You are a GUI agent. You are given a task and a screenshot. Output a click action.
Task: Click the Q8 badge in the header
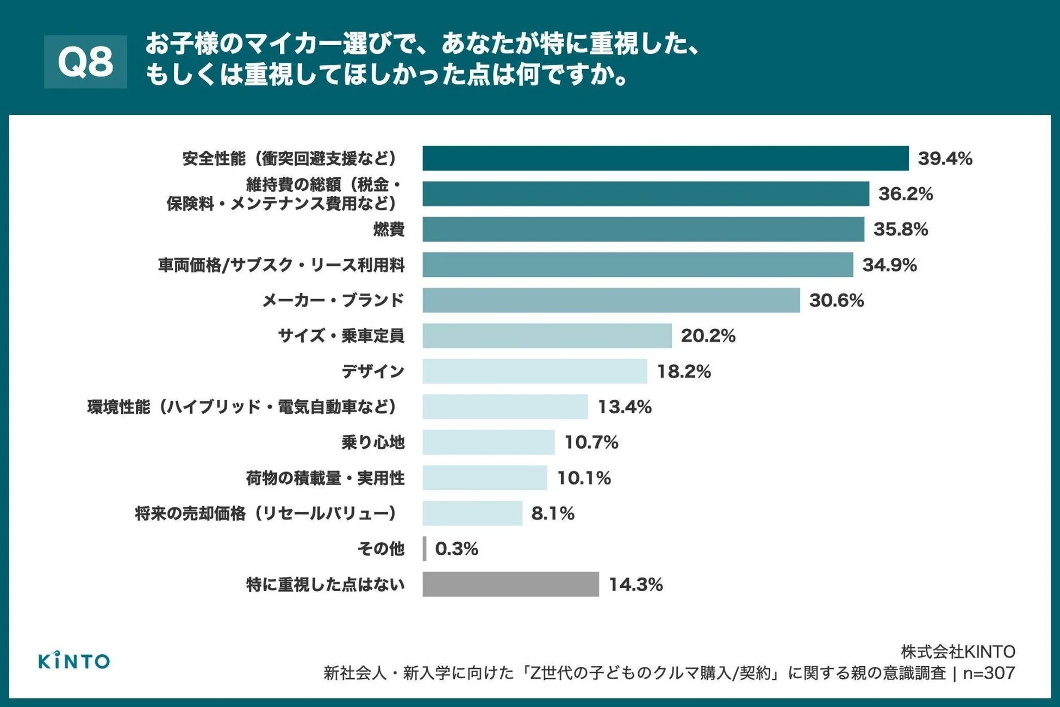click(85, 61)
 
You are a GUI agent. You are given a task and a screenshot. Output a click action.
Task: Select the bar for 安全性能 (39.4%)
click(665, 158)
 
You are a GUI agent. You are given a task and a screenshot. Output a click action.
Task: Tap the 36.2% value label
click(906, 194)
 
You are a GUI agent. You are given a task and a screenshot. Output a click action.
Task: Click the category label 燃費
click(389, 230)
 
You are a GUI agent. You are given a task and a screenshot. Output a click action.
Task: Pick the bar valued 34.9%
click(638, 265)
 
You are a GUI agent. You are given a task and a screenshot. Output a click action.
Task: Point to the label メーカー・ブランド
click(333, 300)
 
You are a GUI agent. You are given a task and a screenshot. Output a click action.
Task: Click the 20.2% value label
click(708, 336)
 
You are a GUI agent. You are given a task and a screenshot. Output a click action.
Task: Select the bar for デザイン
click(535, 371)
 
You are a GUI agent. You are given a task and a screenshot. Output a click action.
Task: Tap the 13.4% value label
click(625, 407)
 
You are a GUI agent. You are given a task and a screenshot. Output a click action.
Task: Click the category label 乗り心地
click(373, 442)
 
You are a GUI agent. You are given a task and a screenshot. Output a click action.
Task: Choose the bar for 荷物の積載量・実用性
click(485, 477)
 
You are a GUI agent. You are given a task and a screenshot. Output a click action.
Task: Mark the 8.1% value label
click(552, 513)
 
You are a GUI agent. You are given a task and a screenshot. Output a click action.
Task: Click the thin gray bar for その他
click(425, 549)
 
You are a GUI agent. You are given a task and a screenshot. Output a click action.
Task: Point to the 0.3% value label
click(457, 549)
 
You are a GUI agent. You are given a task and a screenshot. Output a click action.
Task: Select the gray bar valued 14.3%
click(510, 584)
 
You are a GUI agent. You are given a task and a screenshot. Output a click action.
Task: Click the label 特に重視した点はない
click(325, 585)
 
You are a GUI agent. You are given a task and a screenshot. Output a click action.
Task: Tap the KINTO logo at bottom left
click(74, 661)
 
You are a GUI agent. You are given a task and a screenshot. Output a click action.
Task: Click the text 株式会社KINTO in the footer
click(957, 652)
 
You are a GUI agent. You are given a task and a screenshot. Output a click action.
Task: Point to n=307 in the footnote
click(989, 673)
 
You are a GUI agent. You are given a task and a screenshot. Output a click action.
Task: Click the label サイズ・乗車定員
click(341, 336)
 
